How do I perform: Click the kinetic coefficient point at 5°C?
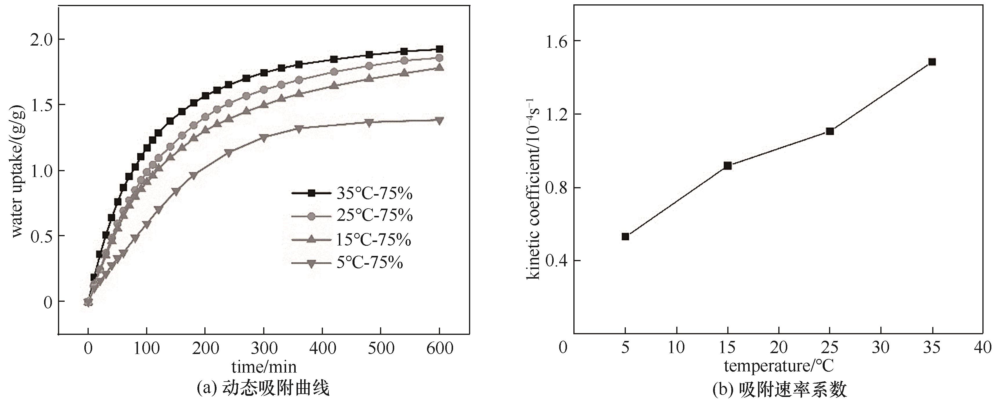[x=625, y=236]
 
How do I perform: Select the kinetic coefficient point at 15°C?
[x=728, y=166]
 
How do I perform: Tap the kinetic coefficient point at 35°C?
[x=932, y=62]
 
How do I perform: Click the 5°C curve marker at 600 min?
[x=439, y=120]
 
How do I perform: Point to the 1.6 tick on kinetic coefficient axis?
[x=557, y=41]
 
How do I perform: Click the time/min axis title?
[x=264, y=367]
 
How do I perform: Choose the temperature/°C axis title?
[x=779, y=366]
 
